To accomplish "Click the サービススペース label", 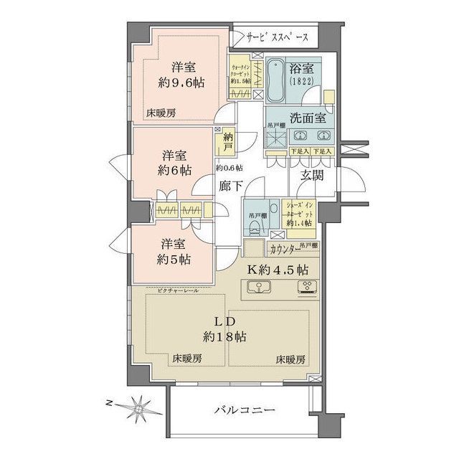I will coord(277,37).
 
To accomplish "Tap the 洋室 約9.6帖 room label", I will coord(181,75).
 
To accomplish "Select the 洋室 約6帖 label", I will coord(175,163).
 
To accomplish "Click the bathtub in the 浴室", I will coord(275,81).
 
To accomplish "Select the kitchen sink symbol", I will coord(258,288).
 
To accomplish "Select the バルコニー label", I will coord(244,410).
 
